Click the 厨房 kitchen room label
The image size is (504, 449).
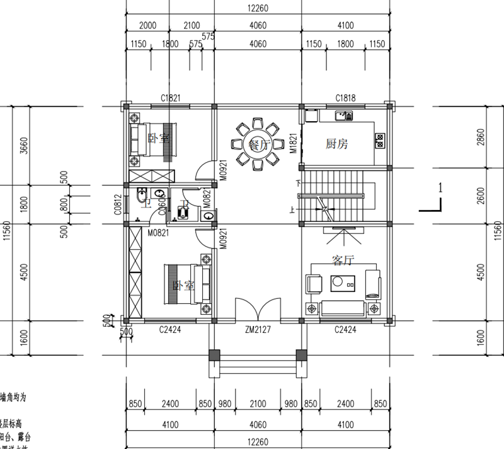click(336, 144)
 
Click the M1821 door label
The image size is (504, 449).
click(293, 144)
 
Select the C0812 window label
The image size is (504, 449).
click(118, 205)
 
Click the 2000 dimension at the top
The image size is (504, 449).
click(147, 25)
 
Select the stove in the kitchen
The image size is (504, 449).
click(380, 140)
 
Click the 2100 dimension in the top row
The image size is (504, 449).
click(191, 25)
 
